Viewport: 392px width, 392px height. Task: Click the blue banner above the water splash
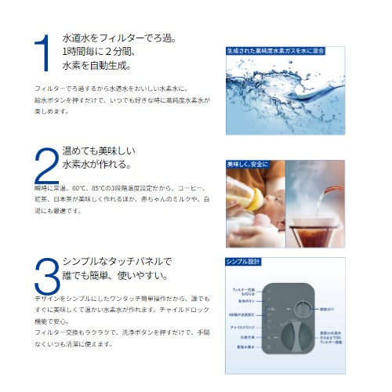(x=285, y=50)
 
